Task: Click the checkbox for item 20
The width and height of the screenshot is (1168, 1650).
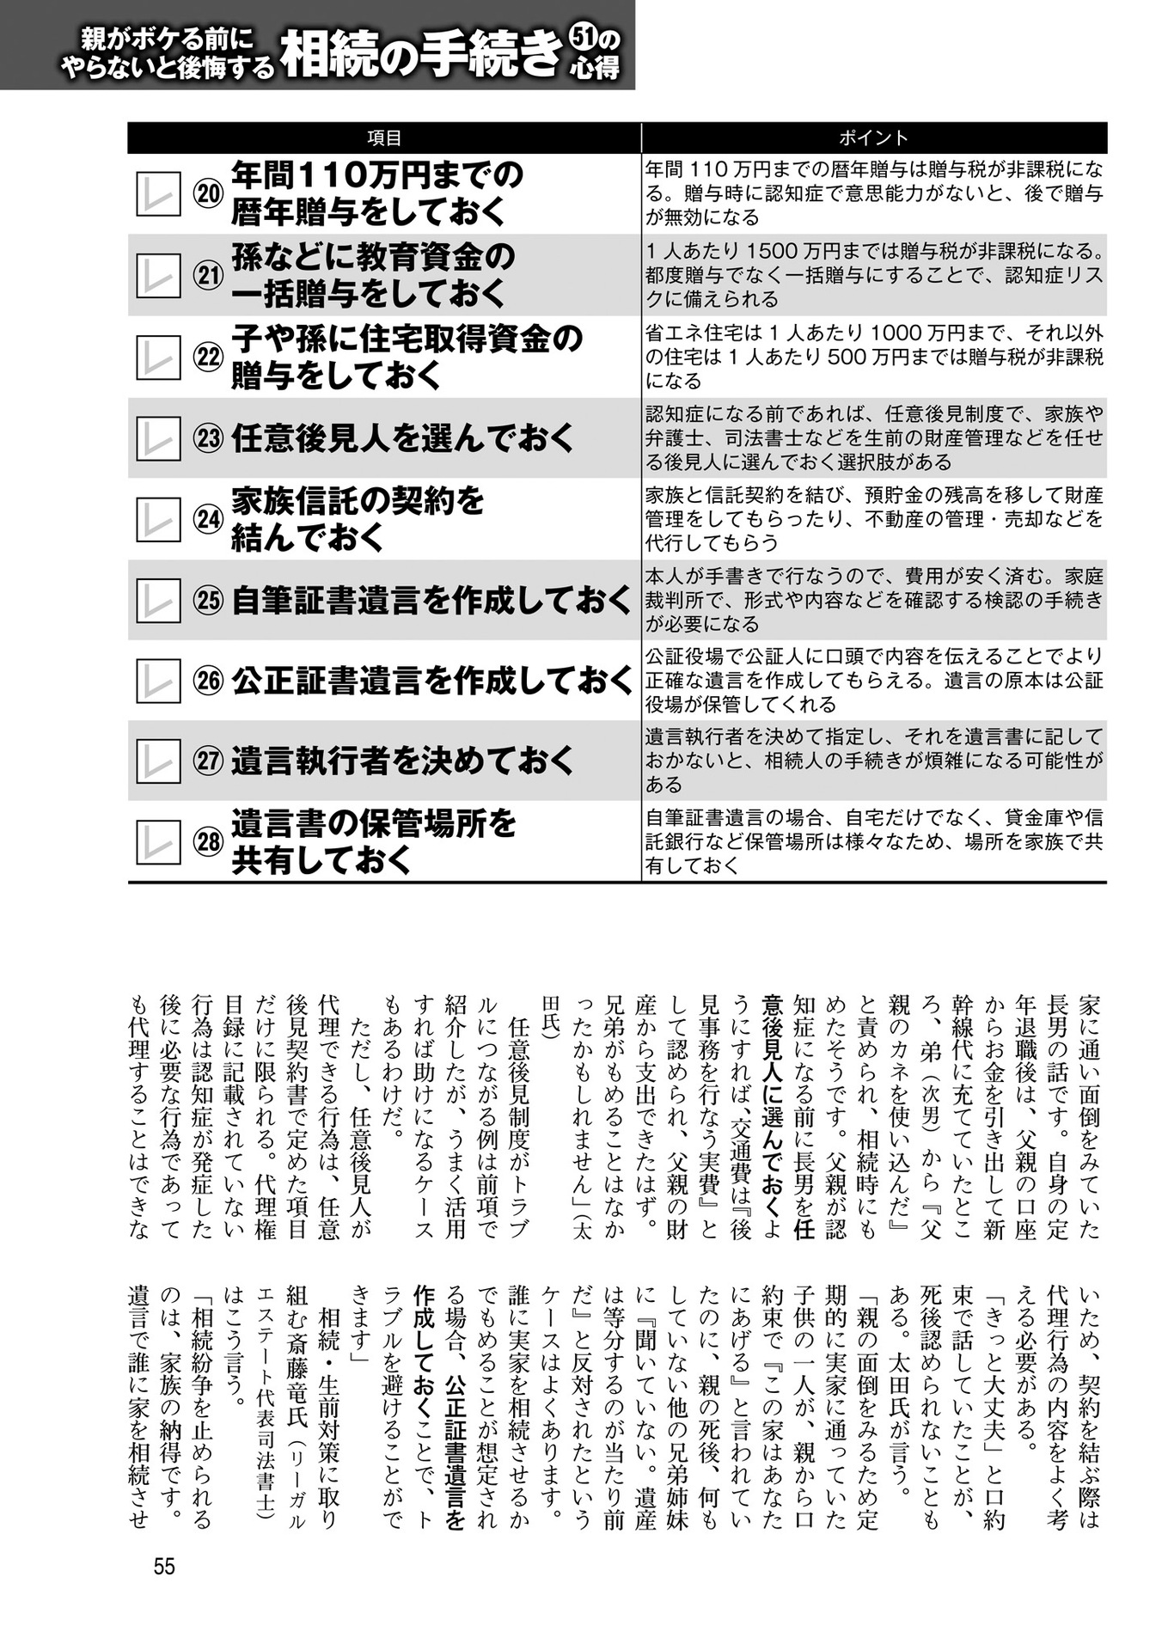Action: pyautogui.click(x=158, y=194)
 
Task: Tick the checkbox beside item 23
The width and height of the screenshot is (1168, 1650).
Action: pyautogui.click(x=158, y=438)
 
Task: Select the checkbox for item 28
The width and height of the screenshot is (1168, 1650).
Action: pyautogui.click(x=158, y=842)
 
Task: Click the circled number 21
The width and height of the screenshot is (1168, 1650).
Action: pyautogui.click(x=208, y=276)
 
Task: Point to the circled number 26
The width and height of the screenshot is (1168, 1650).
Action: pyautogui.click(x=208, y=681)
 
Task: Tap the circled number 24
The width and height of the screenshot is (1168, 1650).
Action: pyautogui.click(x=208, y=520)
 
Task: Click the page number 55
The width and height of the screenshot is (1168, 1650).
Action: pyautogui.click(x=164, y=1566)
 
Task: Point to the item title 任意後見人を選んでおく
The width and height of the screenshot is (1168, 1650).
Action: pyautogui.click(x=402, y=438)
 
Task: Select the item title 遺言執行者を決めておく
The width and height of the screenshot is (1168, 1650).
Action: pyautogui.click(x=402, y=761)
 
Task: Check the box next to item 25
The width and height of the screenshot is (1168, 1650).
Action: pyautogui.click(x=158, y=601)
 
